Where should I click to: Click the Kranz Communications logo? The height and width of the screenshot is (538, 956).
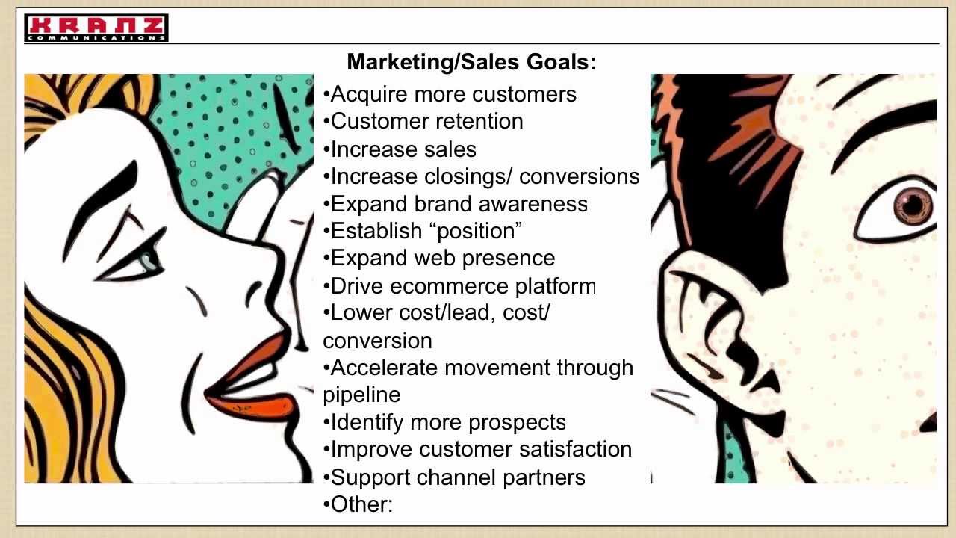point(96,28)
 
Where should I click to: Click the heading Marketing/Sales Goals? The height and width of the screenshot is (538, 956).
point(471,62)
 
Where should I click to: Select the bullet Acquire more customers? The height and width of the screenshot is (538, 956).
point(450,95)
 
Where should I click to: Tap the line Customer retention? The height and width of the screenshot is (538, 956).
point(423,121)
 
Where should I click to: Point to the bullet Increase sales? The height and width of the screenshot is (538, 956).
point(400,149)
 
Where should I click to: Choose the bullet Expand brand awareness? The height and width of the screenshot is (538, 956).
point(456,204)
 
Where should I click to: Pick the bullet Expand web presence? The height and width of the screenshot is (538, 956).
point(440,258)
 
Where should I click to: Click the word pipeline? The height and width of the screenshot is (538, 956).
point(361,395)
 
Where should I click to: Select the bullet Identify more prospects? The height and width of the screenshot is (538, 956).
point(445,422)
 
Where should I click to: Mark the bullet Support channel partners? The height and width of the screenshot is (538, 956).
point(455,477)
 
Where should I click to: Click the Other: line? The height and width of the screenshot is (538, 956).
point(359,504)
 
